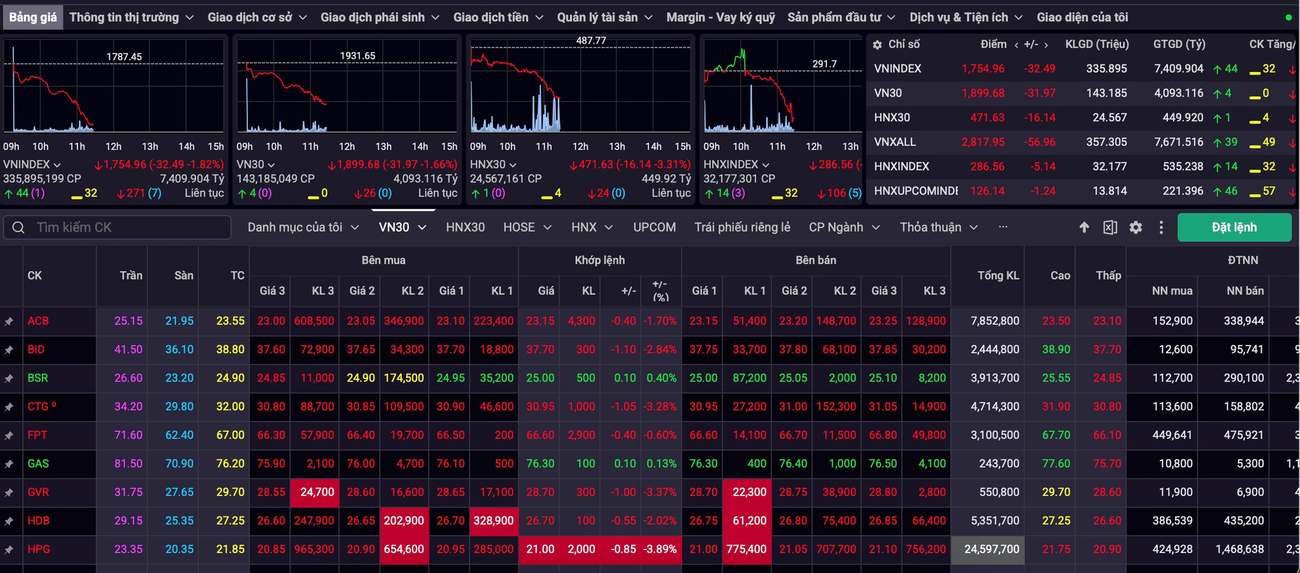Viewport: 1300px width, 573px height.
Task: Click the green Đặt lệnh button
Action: point(1234,227)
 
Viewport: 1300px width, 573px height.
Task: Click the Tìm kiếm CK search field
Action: point(117,227)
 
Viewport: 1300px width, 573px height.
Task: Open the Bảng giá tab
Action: point(33,17)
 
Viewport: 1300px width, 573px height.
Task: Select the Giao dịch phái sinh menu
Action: point(380,17)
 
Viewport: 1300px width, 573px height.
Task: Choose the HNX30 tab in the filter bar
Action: point(465,227)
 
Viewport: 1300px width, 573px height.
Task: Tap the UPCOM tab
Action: point(654,227)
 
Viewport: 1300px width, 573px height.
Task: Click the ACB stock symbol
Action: point(38,321)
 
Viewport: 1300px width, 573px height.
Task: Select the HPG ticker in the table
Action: point(39,550)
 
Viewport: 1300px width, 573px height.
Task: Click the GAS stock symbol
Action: point(38,464)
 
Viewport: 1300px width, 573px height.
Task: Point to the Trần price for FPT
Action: point(128,435)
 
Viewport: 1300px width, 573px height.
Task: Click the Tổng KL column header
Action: point(998,275)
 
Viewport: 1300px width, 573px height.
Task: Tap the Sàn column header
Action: point(184,275)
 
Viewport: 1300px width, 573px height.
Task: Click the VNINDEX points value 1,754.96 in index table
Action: point(983,69)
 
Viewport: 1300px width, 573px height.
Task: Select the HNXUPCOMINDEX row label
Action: point(915,191)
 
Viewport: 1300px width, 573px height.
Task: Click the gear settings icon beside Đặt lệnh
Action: point(1136,227)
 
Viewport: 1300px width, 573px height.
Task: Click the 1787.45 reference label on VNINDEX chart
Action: point(124,56)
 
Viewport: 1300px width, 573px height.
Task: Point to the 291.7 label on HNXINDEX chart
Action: point(825,64)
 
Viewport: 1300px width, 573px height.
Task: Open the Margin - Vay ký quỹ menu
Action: point(720,17)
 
